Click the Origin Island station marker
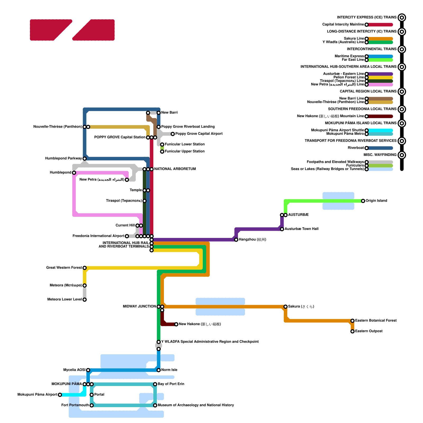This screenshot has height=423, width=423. [x=363, y=201]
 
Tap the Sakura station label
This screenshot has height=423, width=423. [x=301, y=306]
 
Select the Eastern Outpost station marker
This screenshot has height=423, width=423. [x=352, y=331]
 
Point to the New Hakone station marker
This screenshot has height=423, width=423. [x=176, y=324]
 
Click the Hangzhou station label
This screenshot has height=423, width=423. [x=252, y=240]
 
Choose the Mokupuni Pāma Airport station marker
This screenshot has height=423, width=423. [x=60, y=395]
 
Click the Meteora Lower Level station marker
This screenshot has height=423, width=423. [x=85, y=300]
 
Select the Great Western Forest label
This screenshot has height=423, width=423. [x=64, y=268]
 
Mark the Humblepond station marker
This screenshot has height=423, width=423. [x=74, y=173]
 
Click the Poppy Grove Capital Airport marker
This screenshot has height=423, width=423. [x=173, y=134]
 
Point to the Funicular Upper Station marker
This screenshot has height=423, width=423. [x=162, y=151]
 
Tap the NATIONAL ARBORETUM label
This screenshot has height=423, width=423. [x=175, y=169]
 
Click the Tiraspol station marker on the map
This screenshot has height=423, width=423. [x=144, y=201]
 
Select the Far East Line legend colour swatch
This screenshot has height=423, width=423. [x=380, y=60]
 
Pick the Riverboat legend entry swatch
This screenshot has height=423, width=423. [x=380, y=148]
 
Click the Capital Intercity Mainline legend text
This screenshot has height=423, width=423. [x=343, y=25]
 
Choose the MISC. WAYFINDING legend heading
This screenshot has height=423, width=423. [x=380, y=155]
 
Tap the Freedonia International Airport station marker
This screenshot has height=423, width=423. [x=127, y=236]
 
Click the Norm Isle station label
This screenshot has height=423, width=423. [x=169, y=370]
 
